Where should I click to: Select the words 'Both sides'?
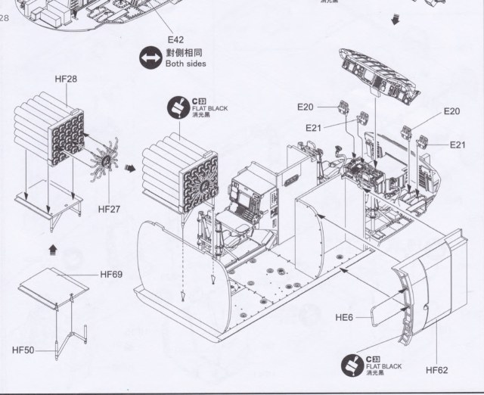point(186,64)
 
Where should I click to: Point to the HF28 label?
point(66,79)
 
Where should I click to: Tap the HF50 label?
point(23,349)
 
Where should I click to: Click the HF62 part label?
point(437,370)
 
